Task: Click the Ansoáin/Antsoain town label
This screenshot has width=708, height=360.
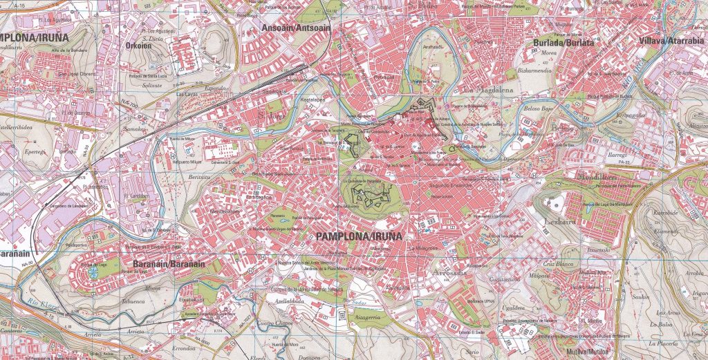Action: [x=296, y=28]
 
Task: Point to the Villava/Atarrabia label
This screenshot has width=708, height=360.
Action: [x=671, y=41]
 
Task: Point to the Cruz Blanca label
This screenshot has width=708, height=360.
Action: [x=559, y=264]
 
